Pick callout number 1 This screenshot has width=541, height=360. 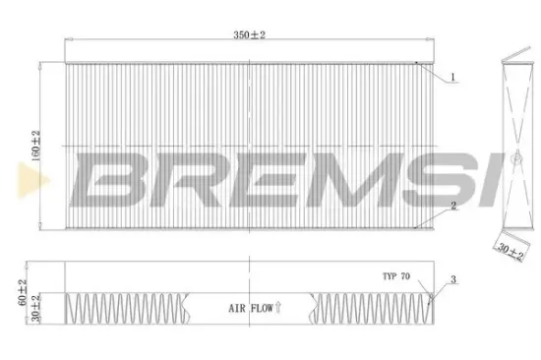451,77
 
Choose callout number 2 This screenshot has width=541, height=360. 451,207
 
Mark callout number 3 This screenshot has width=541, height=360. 451,280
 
